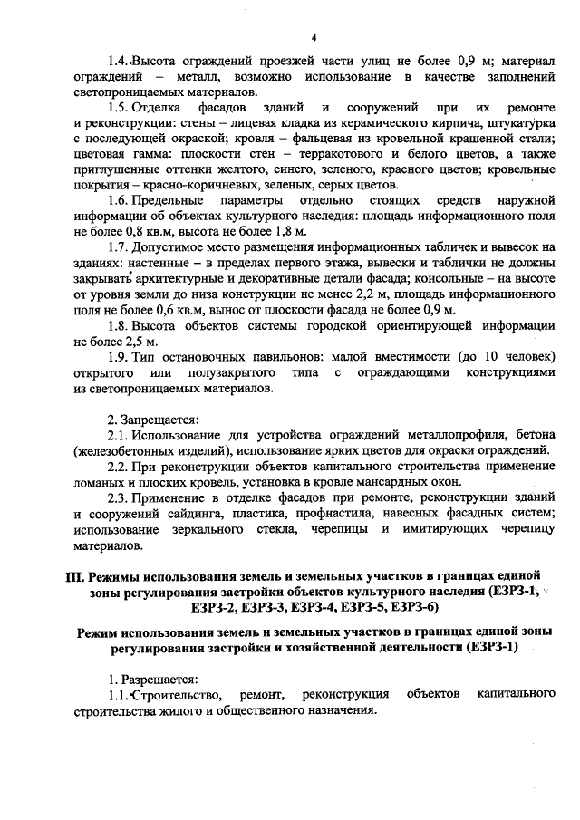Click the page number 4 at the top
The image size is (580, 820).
tap(313, 37)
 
